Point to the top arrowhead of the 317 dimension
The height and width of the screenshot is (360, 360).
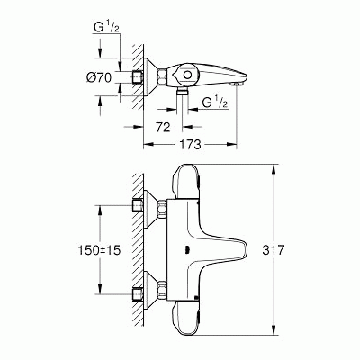coord(274,166)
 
